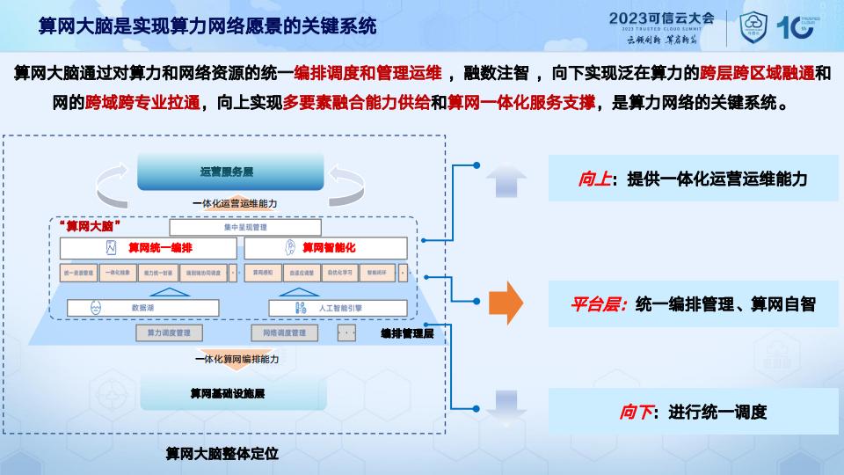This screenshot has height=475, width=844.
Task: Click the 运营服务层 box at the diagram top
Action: click(x=231, y=172)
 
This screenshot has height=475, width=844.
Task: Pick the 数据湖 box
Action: click(x=142, y=308)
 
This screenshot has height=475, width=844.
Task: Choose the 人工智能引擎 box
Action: click(x=338, y=308)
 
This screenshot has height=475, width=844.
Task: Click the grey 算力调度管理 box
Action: click(x=169, y=333)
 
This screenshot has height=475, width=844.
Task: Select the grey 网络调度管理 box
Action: click(x=279, y=333)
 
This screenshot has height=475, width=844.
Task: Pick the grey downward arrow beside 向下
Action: click(x=506, y=407)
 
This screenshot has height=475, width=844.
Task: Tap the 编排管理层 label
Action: click(x=408, y=334)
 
